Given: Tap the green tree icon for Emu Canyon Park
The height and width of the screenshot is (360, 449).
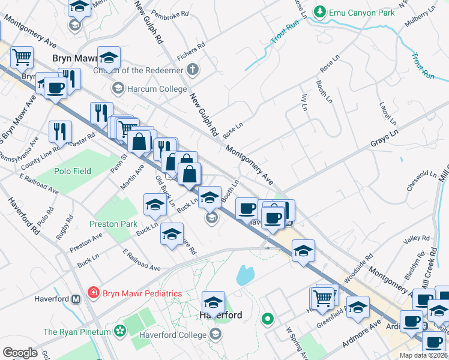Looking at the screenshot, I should click(x=321, y=11).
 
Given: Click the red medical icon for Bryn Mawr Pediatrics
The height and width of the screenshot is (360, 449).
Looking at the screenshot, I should click(x=93, y=293).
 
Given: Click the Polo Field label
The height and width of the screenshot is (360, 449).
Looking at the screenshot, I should click(x=73, y=171).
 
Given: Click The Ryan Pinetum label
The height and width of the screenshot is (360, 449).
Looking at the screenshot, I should click(x=77, y=332).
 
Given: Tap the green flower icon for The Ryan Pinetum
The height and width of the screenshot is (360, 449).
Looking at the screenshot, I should click(x=119, y=331).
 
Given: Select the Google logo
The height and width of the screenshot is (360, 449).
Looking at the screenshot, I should click(x=20, y=353).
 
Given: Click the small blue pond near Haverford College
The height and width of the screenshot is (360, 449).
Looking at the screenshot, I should click(x=245, y=275).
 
